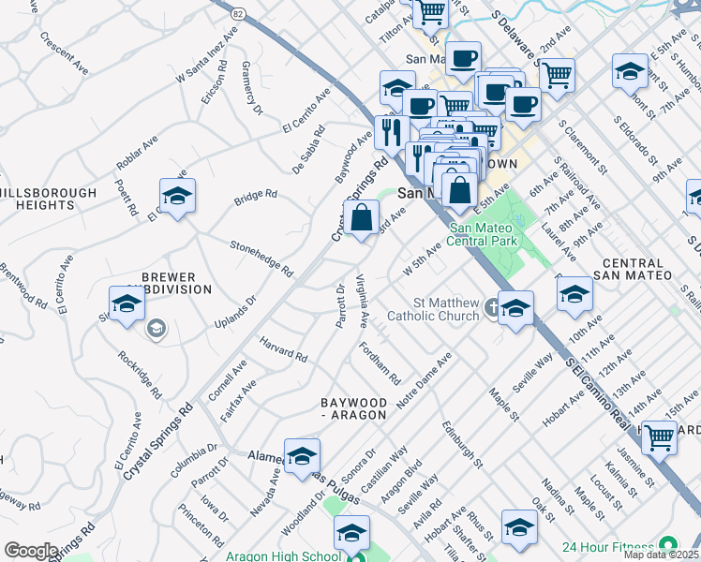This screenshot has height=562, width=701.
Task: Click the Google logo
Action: pyautogui.click(x=30, y=551)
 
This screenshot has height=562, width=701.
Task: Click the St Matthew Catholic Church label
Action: pyautogui.click(x=447, y=309)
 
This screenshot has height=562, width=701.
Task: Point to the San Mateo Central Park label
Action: pyautogui.click(x=484, y=234)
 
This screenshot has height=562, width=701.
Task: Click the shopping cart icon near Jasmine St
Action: pyautogui.click(x=660, y=436)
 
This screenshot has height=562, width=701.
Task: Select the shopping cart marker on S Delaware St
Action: pyautogui.click(x=558, y=74)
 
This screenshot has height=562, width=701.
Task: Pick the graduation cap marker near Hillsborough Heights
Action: pyautogui.click(x=177, y=196)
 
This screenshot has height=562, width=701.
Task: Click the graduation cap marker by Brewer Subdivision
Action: pyautogui.click(x=127, y=304)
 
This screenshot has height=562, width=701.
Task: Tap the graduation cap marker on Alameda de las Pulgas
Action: pyautogui.click(x=302, y=456)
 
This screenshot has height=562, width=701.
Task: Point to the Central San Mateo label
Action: pyautogui.click(x=634, y=269)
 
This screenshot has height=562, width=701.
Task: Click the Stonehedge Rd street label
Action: pyautogui.click(x=261, y=257)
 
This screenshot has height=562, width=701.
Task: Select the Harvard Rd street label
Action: pyautogui.click(x=284, y=349)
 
